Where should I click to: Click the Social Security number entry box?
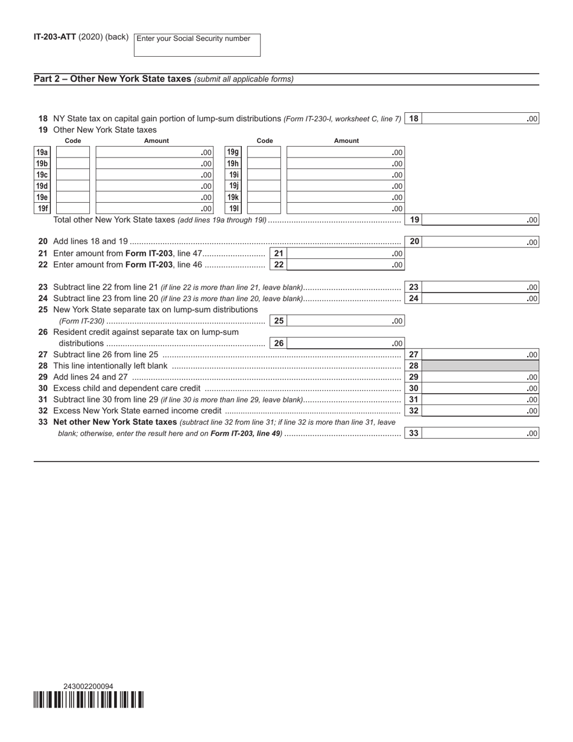click(x=197, y=45)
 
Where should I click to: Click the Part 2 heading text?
click(x=113, y=79)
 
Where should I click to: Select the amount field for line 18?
click(x=480, y=119)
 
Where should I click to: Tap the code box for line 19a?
click(x=72, y=153)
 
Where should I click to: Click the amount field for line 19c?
click(x=154, y=175)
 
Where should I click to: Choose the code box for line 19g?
click(x=264, y=153)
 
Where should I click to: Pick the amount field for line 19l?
click(x=345, y=209)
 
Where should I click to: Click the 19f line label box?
click(x=42, y=209)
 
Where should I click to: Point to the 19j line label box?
click(x=233, y=186)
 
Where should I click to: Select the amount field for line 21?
click(x=345, y=253)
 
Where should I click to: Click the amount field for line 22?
click(x=345, y=265)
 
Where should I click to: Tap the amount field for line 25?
click(x=345, y=321)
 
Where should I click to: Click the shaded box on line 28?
click(x=480, y=366)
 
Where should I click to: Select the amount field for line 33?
click(x=480, y=433)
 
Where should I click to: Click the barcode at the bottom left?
click(x=89, y=700)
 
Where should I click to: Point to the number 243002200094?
click(x=88, y=687)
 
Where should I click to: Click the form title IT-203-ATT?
click(x=55, y=37)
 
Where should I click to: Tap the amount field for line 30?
click(x=480, y=388)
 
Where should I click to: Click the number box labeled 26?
click(x=279, y=343)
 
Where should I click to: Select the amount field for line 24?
click(x=480, y=299)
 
